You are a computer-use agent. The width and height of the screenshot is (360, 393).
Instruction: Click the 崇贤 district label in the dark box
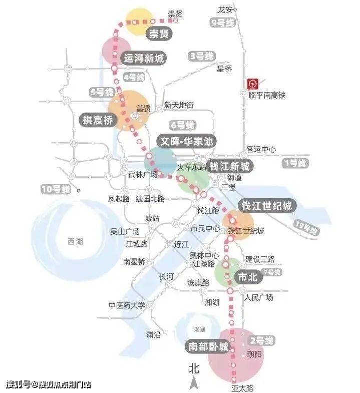(159, 34)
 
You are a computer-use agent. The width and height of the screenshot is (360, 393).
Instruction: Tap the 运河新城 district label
(144, 59)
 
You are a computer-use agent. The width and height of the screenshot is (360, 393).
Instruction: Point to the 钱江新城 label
(229, 166)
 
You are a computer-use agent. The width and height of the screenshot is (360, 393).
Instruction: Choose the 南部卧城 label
(208, 346)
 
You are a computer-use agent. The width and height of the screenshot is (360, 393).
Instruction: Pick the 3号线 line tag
(201, 56)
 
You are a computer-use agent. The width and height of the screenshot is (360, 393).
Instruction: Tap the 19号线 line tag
(306, 228)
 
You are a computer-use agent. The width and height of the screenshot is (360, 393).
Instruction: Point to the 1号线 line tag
(294, 163)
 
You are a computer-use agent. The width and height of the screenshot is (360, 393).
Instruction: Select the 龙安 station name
(226, 10)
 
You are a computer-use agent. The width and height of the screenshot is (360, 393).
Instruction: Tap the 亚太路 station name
(242, 387)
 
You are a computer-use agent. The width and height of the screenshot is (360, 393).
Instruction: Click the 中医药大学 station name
(127, 305)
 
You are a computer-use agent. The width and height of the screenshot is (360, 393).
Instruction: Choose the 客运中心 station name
(261, 149)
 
